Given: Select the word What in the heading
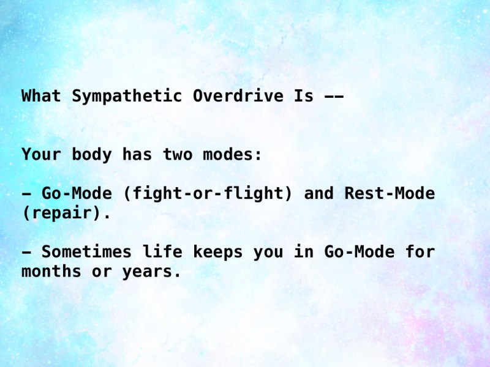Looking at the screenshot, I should pyautogui.click(x=42, y=96).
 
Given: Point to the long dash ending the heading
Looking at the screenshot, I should pyautogui.click(x=333, y=96).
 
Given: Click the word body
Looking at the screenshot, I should pyautogui.click(x=92, y=155).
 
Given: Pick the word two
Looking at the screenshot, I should pyautogui.click(x=177, y=155).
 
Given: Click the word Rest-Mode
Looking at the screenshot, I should pyautogui.click(x=390, y=194).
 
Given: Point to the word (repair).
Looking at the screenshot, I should pyautogui.click(x=67, y=213).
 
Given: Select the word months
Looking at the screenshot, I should pyautogui.click(x=51, y=272).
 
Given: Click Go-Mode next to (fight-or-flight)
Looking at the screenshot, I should pyautogui.click(x=77, y=194).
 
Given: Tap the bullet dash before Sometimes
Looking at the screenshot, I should pyautogui.click(x=26, y=252).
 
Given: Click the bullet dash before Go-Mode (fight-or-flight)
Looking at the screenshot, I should pyautogui.click(x=26, y=194).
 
